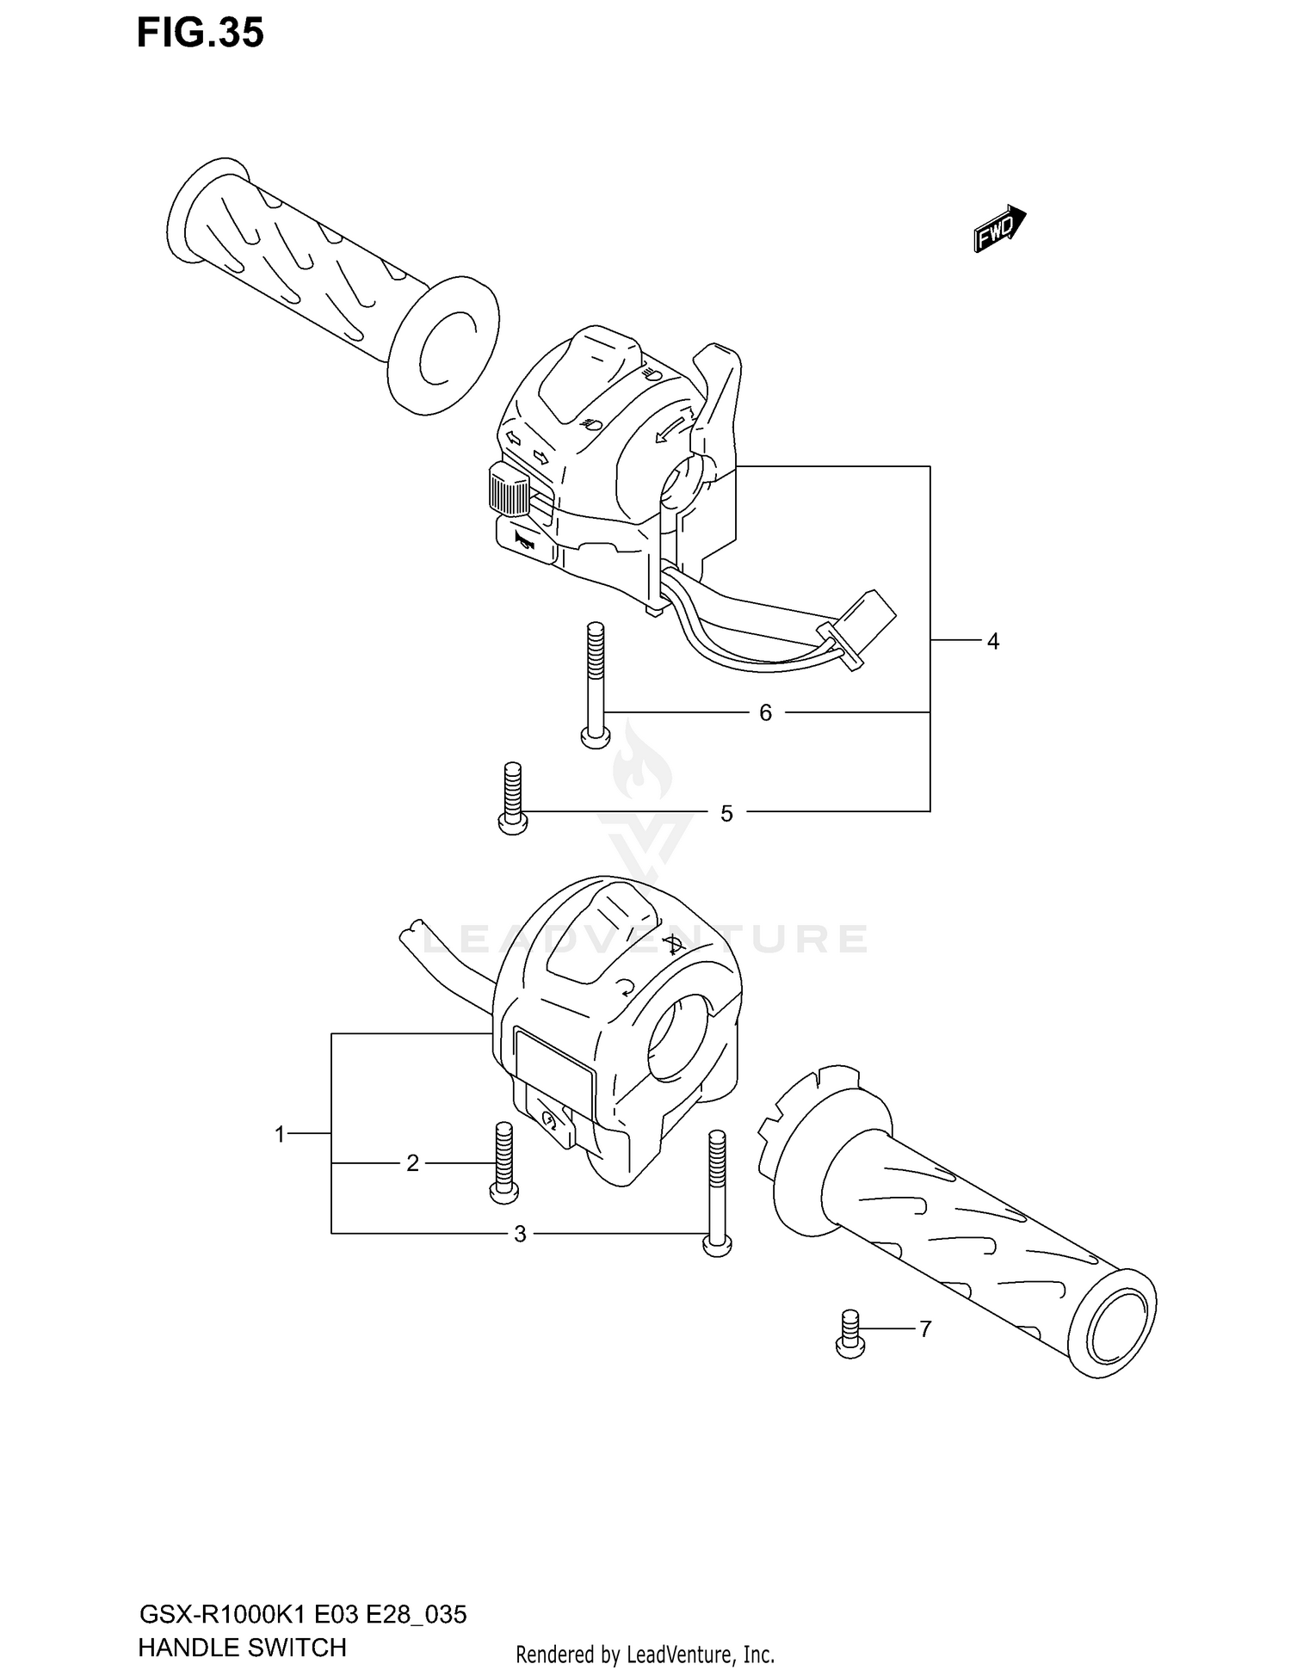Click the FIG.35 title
click(200, 33)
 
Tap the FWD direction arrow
click(999, 229)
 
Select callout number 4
click(992, 641)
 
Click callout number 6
click(765, 712)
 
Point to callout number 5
click(726, 813)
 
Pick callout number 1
click(279, 1135)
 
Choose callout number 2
click(412, 1163)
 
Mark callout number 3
click(520, 1234)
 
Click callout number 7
click(925, 1329)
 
